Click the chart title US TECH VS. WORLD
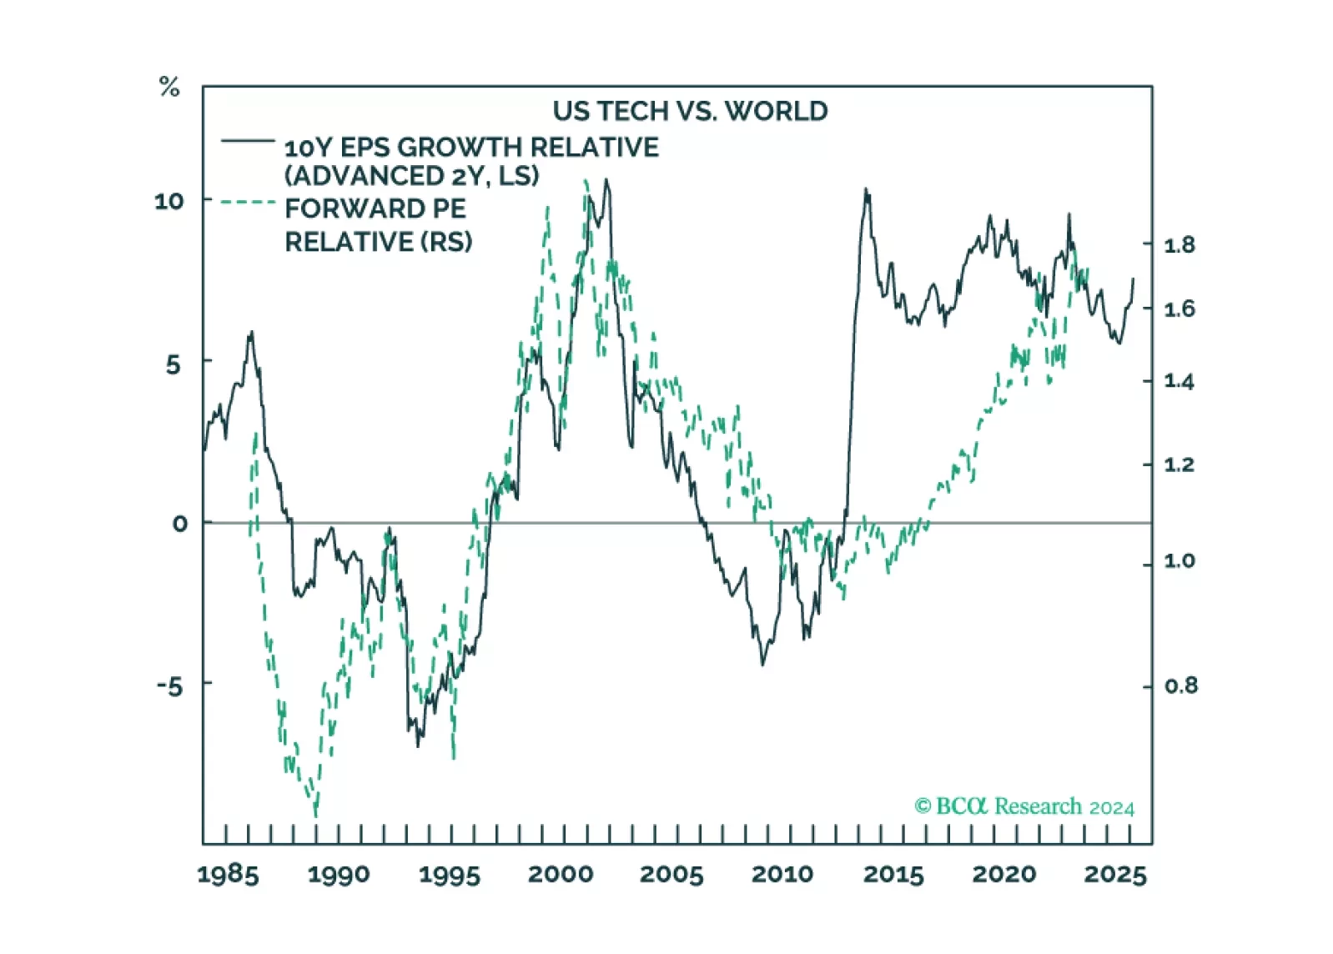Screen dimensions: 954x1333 pos(690,111)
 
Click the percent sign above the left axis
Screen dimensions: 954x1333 pos(169,87)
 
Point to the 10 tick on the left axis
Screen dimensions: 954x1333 pos(169,201)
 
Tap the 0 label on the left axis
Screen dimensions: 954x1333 pos(179,524)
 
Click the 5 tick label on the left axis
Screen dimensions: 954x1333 pos(173,364)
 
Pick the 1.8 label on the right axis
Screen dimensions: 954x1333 pos(1180,245)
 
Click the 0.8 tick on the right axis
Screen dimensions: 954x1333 pos(1180,685)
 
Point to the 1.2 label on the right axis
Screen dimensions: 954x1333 pos(1180,464)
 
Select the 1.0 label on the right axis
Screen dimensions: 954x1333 pos(1180,560)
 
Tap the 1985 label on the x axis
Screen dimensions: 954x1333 pos(228,874)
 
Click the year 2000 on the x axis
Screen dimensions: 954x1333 pos(561,874)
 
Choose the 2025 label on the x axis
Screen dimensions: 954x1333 pos(1115,874)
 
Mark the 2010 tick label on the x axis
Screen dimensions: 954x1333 pos(782,874)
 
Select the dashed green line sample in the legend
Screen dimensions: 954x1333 pos(248,202)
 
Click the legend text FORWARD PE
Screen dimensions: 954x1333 pos(375,208)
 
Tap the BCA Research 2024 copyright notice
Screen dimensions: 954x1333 pos(1024,806)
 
